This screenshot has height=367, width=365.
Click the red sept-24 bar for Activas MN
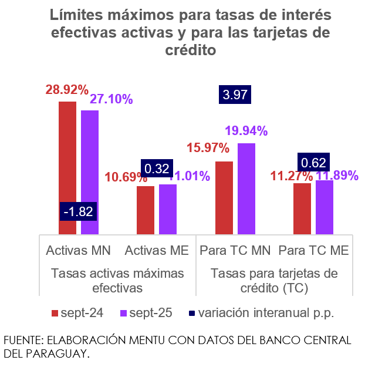click(x=67, y=167)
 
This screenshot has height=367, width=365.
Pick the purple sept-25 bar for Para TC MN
click(x=246, y=188)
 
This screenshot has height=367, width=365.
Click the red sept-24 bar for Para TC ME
click(x=302, y=208)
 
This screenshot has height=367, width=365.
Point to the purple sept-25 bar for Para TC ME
click(x=325, y=207)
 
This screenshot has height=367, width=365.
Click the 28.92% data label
click(x=67, y=90)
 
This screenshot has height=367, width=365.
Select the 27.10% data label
click(x=111, y=99)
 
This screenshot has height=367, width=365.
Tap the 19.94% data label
click(x=246, y=131)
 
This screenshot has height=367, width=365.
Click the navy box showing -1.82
click(x=79, y=211)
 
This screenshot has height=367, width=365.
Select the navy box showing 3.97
click(x=235, y=95)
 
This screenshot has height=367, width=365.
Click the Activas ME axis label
click(x=157, y=251)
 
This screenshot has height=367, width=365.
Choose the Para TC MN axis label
click(x=235, y=251)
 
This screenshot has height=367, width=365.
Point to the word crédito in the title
click(x=182, y=51)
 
